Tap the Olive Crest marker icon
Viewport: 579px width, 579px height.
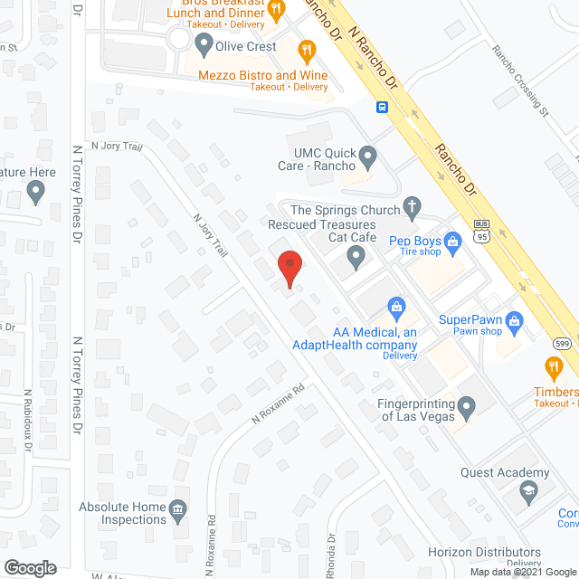[203, 43]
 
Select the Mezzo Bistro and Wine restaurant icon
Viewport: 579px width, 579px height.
[308, 51]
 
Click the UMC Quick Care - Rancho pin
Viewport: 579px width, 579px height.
[367, 158]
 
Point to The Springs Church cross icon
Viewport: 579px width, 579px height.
[412, 206]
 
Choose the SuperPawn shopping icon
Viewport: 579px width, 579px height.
[514, 319]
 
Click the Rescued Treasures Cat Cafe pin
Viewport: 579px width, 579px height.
[356, 260]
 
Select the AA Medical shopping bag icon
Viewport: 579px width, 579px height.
[394, 308]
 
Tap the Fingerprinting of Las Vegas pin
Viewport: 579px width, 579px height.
[467, 409]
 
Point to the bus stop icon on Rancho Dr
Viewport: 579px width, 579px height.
[383, 108]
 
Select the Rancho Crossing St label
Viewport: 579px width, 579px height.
[520, 81]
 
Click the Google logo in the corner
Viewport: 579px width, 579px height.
[30, 567]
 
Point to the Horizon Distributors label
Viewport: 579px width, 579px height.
[484, 552]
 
